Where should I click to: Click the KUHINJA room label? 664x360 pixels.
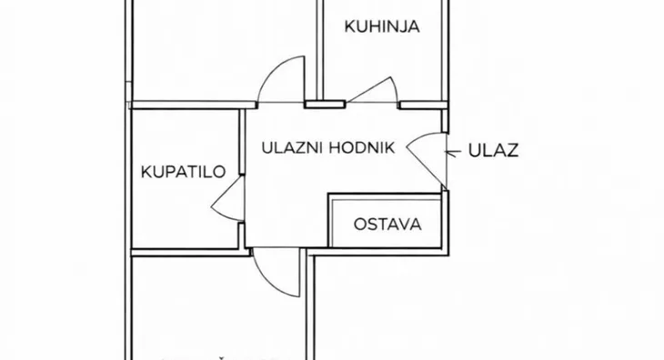point(382,27)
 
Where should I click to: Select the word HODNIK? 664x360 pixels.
point(364,147)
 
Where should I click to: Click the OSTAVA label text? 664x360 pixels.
point(387,223)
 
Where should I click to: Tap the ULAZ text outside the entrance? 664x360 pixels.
point(493,151)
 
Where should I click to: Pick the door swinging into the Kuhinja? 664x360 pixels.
point(373,91)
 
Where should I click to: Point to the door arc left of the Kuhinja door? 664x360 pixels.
point(282,80)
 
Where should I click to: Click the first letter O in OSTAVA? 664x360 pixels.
point(360,223)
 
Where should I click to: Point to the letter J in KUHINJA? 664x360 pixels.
point(401,27)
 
